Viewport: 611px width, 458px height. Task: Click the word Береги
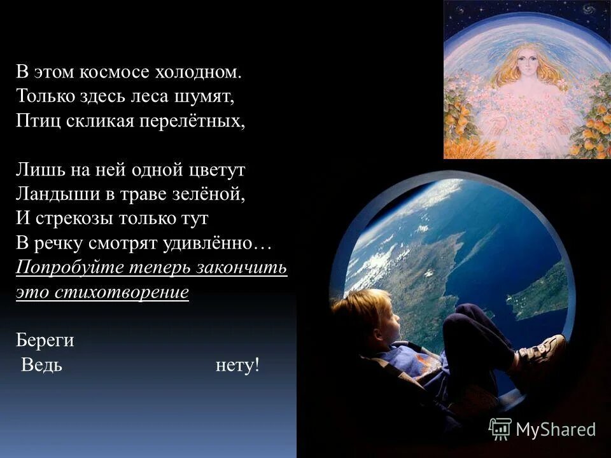pyautogui.click(x=45, y=340)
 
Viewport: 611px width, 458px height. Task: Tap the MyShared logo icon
pyautogui.click(x=500, y=429)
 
